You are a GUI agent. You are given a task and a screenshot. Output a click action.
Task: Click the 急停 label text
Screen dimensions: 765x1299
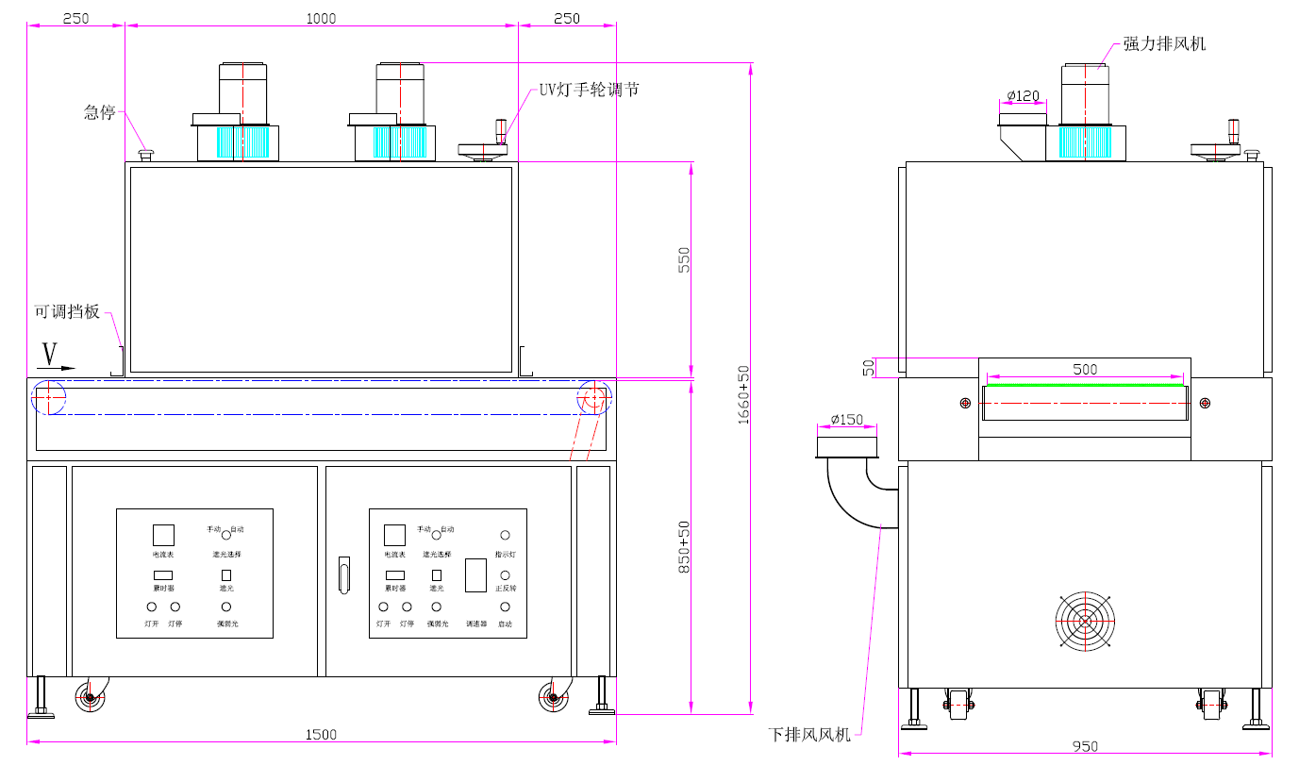click(99, 112)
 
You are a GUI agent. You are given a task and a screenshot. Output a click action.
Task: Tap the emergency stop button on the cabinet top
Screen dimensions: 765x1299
click(145, 154)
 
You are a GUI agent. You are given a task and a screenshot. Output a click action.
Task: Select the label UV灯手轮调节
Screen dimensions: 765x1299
click(589, 90)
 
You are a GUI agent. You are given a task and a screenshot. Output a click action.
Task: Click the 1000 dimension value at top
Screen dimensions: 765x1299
click(322, 18)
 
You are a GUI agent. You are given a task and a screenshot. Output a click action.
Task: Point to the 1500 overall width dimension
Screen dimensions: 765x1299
click(322, 735)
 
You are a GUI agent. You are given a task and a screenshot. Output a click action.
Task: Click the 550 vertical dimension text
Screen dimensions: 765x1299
click(685, 260)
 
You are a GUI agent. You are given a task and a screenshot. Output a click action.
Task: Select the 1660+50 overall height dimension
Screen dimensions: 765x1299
click(743, 394)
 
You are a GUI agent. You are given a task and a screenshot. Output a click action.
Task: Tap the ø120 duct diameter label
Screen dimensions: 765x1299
click(1023, 95)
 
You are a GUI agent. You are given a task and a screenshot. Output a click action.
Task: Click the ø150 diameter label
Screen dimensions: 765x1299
click(846, 420)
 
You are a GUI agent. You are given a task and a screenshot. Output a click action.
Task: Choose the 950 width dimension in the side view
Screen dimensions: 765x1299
click(1085, 746)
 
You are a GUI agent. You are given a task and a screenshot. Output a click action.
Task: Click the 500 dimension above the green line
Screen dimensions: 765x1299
click(1085, 370)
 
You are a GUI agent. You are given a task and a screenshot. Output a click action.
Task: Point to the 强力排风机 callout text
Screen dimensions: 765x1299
click(1164, 44)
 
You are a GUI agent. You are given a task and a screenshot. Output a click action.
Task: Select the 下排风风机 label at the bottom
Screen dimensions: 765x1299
click(809, 734)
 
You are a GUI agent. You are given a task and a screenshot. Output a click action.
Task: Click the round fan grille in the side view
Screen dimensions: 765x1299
click(1085, 621)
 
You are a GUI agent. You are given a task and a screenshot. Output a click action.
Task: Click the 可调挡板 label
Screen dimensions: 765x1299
click(67, 311)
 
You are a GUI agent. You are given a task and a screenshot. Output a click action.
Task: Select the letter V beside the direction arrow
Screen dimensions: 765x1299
click(50, 354)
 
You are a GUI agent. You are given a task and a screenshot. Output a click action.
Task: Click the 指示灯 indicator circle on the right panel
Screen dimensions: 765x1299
click(505, 535)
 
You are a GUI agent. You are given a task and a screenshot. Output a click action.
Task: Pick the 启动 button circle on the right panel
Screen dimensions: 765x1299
click(505, 607)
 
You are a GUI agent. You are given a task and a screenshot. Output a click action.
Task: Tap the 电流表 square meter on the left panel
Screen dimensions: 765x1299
click(163, 534)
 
